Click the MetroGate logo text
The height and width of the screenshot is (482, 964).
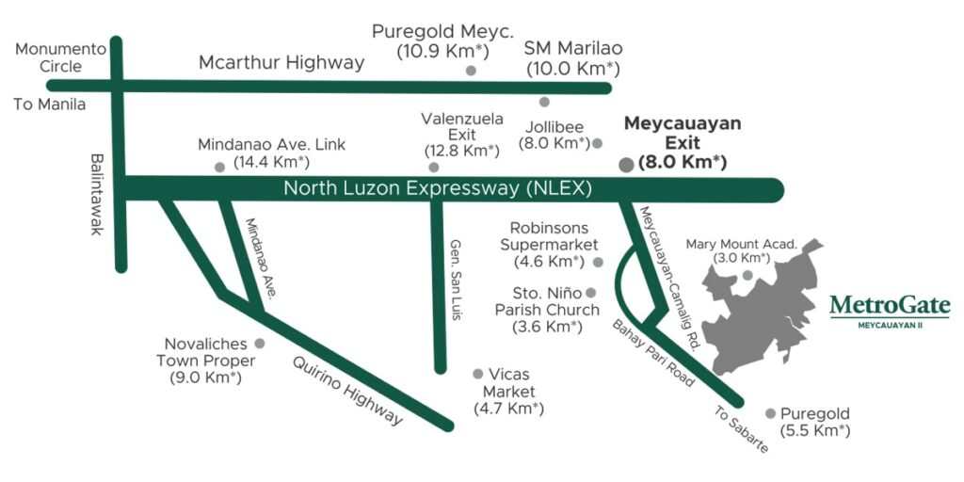click(890, 306)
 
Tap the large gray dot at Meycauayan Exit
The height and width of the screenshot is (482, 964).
click(626, 165)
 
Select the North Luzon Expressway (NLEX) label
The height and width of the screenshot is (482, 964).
click(438, 189)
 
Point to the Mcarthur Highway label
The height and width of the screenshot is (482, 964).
click(281, 63)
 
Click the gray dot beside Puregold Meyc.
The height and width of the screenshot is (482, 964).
click(471, 71)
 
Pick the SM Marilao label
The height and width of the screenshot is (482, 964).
click(573, 47)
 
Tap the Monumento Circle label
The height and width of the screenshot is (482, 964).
click(49, 57)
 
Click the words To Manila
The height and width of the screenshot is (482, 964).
click(49, 104)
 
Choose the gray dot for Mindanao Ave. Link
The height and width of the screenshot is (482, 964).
click(220, 167)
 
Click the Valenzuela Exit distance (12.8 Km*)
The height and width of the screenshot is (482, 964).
click(461, 151)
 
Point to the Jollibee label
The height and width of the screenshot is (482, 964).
click(554, 126)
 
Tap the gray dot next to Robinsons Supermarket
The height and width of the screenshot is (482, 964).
click(598, 261)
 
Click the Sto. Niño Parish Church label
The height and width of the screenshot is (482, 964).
click(548, 310)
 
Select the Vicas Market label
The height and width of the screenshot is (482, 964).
click(509, 383)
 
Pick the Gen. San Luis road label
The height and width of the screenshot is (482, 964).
click(457, 278)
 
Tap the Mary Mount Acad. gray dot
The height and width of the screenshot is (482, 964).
click(747, 276)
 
